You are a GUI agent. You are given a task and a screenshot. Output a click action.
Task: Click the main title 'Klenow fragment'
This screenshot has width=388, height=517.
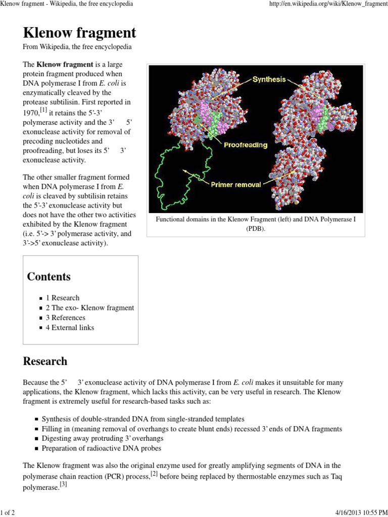click(x=79, y=33)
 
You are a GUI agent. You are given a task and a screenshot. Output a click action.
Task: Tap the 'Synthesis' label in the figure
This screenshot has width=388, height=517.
click(x=269, y=79)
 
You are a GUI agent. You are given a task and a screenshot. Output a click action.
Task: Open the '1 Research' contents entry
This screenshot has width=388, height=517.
click(x=66, y=298)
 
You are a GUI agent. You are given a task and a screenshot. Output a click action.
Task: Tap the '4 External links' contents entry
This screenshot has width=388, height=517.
click(x=73, y=327)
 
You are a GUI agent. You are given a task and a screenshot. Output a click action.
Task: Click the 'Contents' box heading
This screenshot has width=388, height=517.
click(x=48, y=277)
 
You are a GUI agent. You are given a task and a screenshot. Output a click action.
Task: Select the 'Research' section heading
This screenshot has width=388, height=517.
click(x=45, y=361)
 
